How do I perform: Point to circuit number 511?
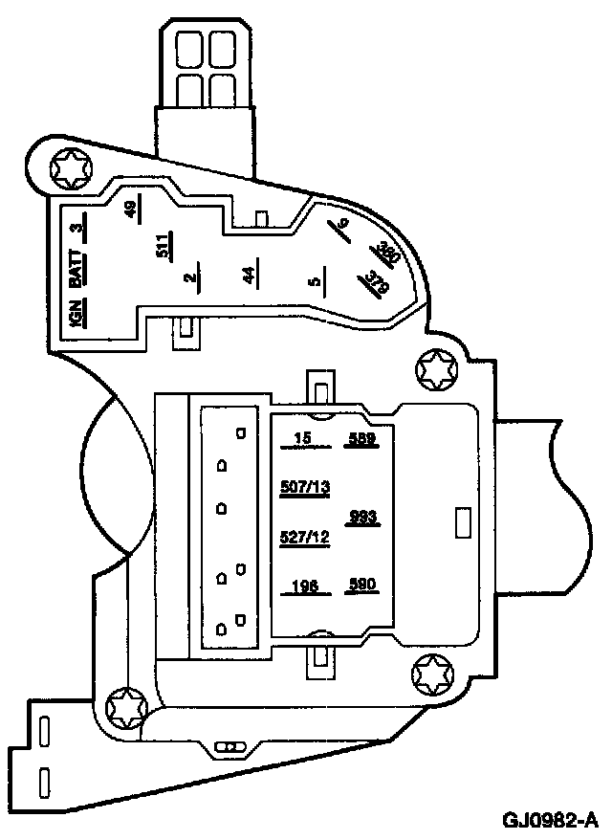pyautogui.click(x=164, y=251)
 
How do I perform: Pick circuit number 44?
pyautogui.click(x=249, y=276)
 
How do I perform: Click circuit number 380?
pyautogui.click(x=387, y=254)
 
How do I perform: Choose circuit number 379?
pyautogui.click(x=377, y=281)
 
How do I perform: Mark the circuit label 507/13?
pyautogui.click(x=305, y=487)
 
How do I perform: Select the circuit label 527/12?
pyautogui.click(x=305, y=537)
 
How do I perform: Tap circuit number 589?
pyautogui.click(x=362, y=441)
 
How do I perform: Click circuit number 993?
pyautogui.click(x=363, y=518)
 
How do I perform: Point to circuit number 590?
pyautogui.click(x=362, y=586)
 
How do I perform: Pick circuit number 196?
pyautogui.click(x=305, y=586)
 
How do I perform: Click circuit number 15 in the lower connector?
pyautogui.click(x=304, y=440)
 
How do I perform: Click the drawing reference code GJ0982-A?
pyautogui.click(x=553, y=820)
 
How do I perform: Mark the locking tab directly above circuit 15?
pyautogui.click(x=321, y=390)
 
